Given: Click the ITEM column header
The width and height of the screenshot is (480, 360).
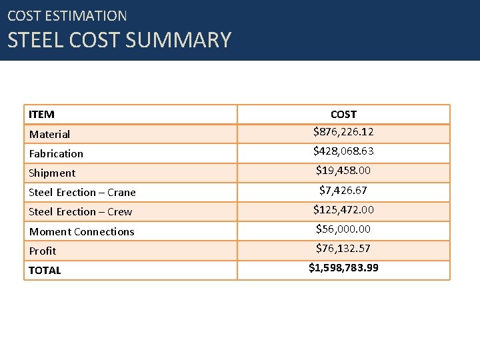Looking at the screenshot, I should point(41,115).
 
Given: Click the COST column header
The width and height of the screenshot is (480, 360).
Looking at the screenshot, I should point(343,115).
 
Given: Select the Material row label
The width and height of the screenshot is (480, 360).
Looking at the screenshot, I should point(49,135).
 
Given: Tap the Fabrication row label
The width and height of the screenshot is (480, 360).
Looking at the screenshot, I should point(56,154).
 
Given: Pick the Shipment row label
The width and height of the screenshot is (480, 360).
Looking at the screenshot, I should point(52,173).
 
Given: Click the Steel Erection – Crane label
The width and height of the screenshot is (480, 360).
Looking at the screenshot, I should point(82,193).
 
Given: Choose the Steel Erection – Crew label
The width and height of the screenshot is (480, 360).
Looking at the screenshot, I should point(80,212).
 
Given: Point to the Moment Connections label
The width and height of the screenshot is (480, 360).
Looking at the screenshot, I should point(81,232).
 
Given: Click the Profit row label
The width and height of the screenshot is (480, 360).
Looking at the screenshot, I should point(43,251).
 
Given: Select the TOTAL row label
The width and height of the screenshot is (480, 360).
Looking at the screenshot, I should point(45,271).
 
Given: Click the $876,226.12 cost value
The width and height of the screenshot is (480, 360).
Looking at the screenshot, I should point(343,132).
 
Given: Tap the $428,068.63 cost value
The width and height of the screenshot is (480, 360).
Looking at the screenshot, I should point(343,151).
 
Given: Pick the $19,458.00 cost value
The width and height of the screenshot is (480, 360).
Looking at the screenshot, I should point(343,171).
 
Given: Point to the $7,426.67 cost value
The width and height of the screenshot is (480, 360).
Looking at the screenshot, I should point(343,191).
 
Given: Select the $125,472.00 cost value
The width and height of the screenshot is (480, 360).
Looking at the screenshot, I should point(343,210).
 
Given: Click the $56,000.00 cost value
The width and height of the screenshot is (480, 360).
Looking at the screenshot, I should point(343,229).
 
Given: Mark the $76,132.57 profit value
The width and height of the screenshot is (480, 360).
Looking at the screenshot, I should point(343,249).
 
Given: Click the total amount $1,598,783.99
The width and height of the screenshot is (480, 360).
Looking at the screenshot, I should point(343,268).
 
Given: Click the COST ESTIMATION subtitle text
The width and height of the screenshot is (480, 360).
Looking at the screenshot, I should point(67,15).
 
